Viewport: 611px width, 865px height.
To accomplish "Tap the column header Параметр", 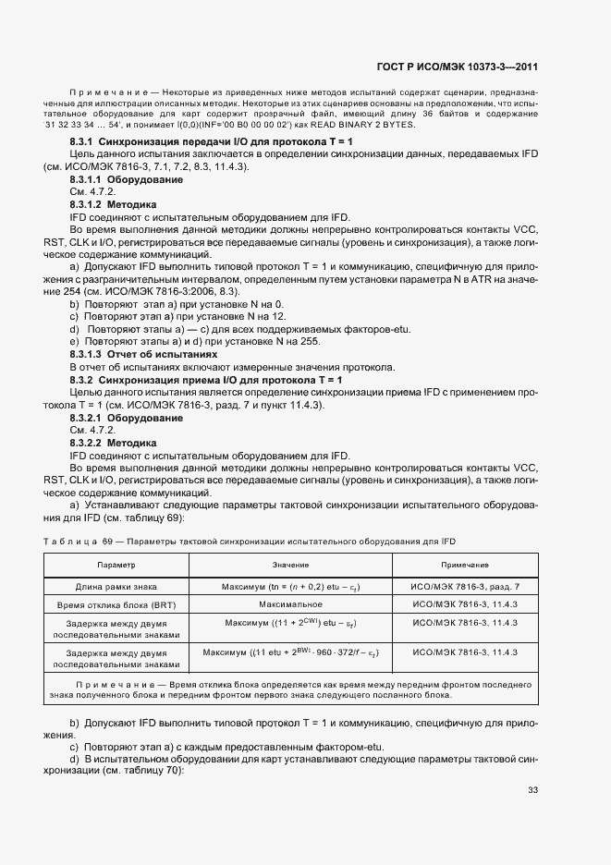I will point(116,564).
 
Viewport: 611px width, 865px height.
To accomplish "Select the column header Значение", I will point(290,564).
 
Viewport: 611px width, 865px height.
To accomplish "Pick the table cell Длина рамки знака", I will point(116,587).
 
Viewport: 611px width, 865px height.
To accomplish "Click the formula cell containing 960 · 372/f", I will point(290,652).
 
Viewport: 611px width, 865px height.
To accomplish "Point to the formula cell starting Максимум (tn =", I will point(290,587).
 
